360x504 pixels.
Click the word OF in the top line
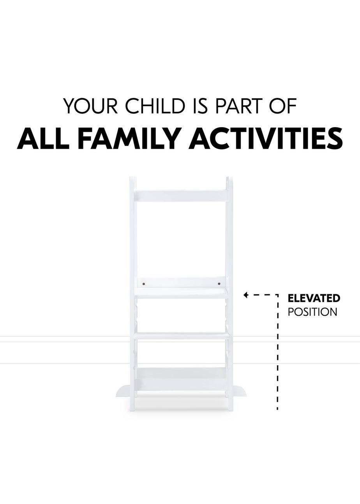[284, 106]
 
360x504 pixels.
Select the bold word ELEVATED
[314, 299]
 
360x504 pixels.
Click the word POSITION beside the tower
[312, 312]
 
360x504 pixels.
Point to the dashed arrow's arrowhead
[246, 295]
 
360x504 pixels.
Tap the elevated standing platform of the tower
[182, 294]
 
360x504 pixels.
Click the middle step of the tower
[182, 335]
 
